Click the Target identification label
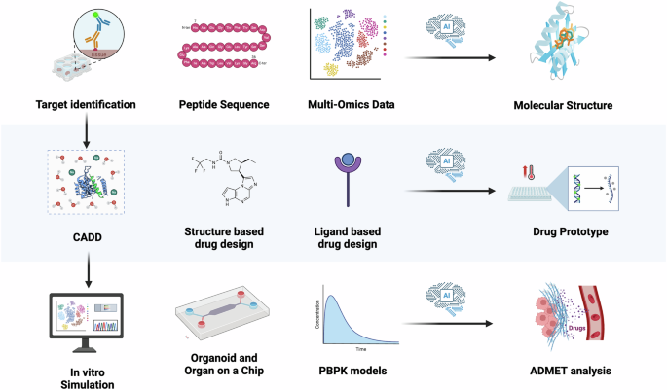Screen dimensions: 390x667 click(86, 104)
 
